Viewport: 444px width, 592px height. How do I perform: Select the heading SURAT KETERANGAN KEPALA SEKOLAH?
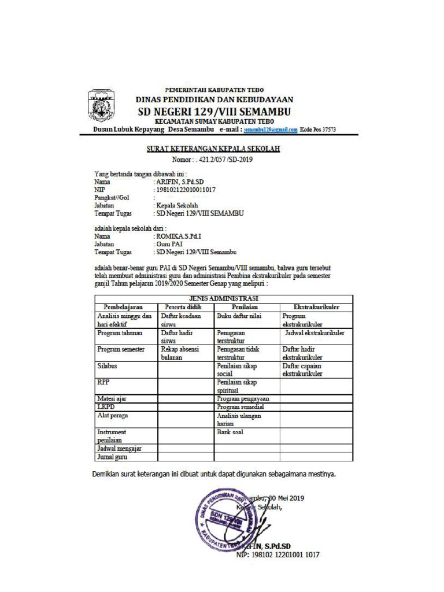pyautogui.click(x=213, y=149)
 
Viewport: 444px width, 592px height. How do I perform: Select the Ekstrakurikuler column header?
pyautogui.click(x=316, y=307)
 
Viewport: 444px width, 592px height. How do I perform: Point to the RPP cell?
pyautogui.click(x=103, y=383)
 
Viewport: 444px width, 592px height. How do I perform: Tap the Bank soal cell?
pyautogui.click(x=230, y=432)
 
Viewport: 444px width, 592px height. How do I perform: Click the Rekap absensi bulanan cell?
pyautogui.click(x=179, y=353)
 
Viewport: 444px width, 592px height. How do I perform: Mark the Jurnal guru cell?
pyautogui.click(x=112, y=457)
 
